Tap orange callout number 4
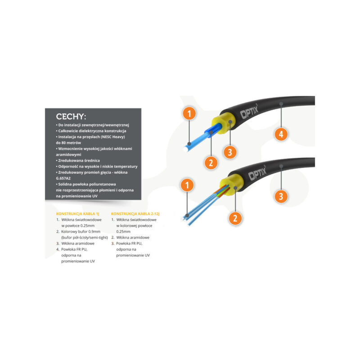click(281, 134)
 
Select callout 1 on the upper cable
click(189, 114)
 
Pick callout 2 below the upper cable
click(210, 162)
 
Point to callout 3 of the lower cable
click(281, 196)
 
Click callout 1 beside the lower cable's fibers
click(189, 184)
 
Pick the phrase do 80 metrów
click(69, 142)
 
